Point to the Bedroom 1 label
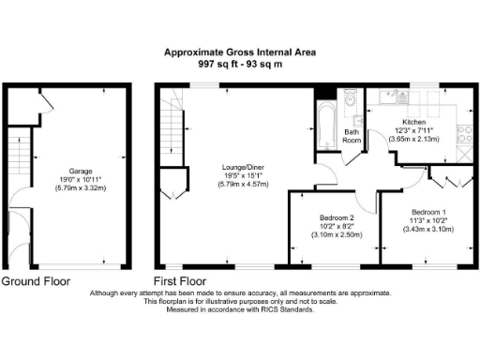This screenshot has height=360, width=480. point(427,211)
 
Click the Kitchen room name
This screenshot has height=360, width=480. point(414,123)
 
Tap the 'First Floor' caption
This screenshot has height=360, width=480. point(180,280)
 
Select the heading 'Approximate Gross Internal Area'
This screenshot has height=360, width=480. point(240,53)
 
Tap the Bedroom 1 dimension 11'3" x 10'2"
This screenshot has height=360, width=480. point(427,220)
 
